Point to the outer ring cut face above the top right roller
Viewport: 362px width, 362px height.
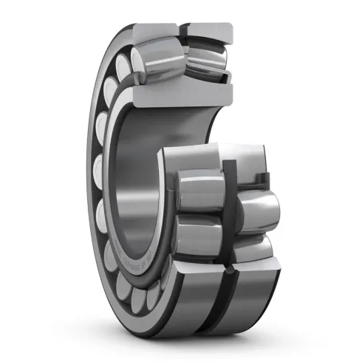click(x=208, y=31)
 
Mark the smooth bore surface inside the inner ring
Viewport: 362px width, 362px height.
click(x=140, y=170)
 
